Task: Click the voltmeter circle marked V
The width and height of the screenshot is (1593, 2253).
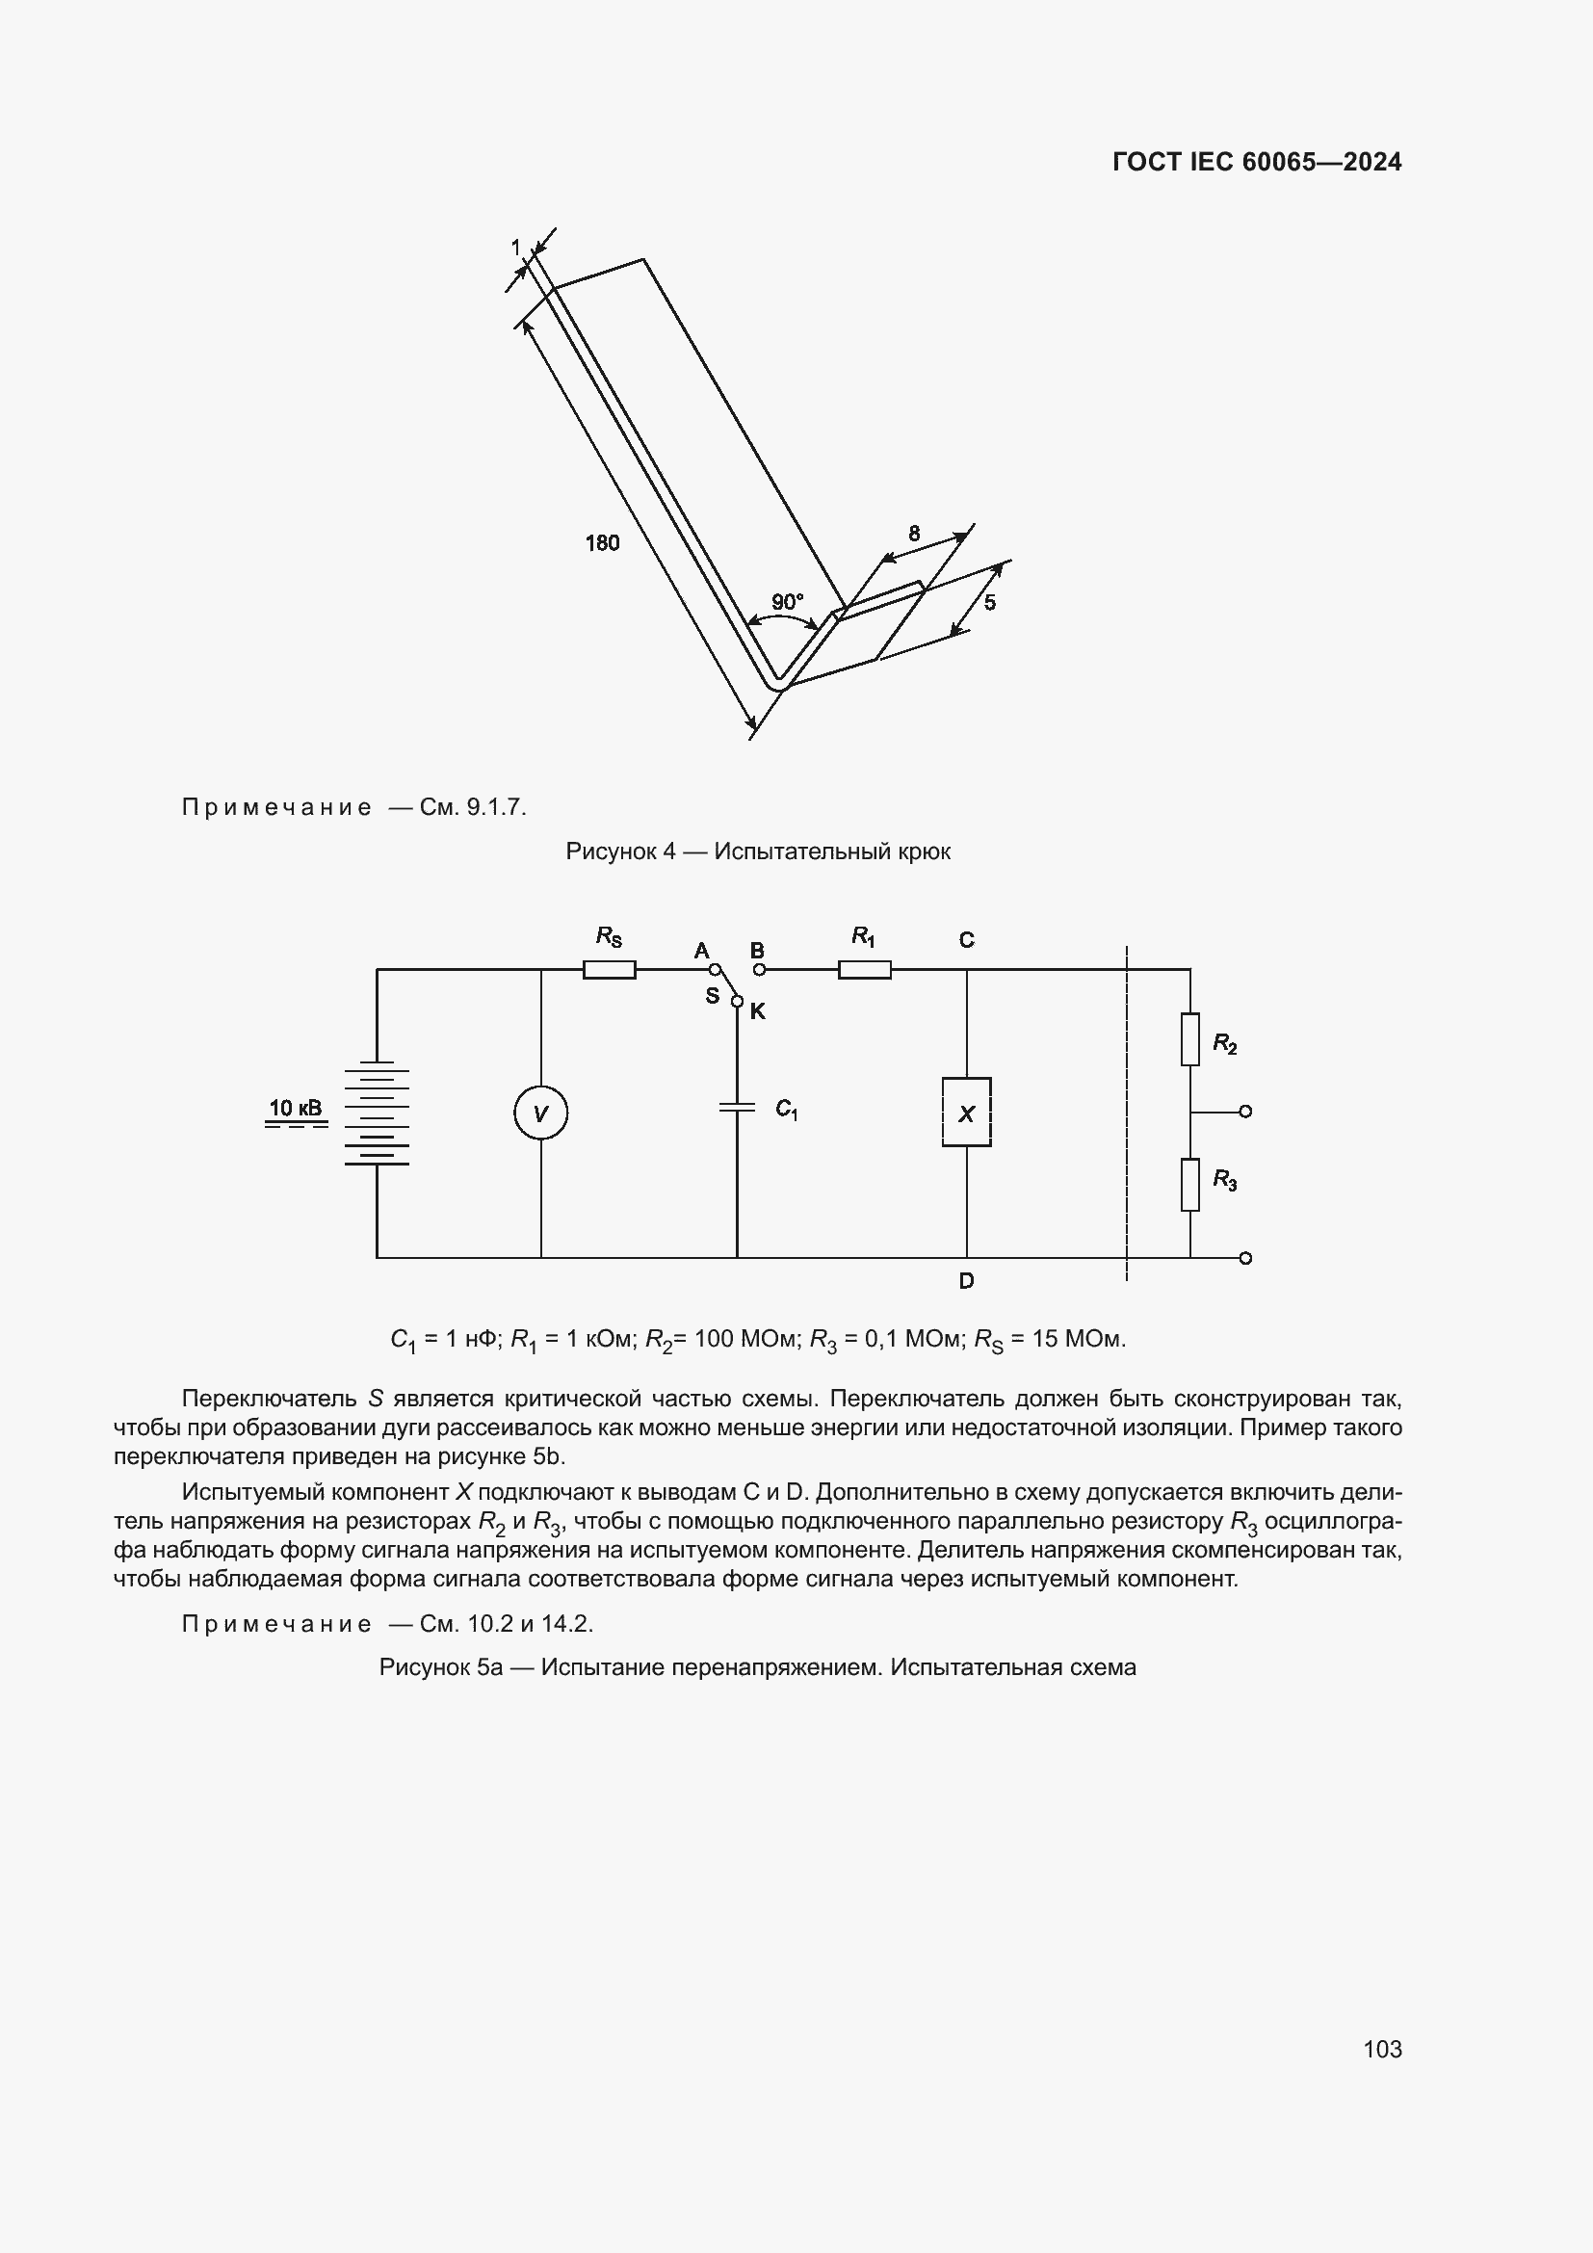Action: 540,1113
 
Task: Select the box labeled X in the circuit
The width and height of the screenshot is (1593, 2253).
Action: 966,1112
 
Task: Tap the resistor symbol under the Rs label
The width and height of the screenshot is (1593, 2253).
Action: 609,970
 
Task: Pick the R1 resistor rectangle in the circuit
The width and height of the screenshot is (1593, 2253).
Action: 864,970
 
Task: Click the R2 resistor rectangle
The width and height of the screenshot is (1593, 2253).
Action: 1189,1039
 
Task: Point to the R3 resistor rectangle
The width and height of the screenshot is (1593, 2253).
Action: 1189,1185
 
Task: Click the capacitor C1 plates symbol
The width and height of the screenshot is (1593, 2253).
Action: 737,1107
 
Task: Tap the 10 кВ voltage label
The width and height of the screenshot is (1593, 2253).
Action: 296,1108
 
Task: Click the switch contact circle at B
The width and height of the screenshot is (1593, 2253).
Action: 758,970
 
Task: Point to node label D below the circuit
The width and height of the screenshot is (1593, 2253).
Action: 966,1280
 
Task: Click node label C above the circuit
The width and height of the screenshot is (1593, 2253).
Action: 966,940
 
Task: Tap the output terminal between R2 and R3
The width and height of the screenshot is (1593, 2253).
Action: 1244,1112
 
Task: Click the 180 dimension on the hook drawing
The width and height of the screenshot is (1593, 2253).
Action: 602,542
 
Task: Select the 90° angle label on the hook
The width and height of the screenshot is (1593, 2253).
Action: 787,601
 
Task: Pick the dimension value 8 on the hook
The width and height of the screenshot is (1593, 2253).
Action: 914,534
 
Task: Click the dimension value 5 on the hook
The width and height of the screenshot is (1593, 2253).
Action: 990,601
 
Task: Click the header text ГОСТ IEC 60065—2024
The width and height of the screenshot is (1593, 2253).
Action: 1257,162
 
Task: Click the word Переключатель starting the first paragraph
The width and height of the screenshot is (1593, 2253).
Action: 269,1399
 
